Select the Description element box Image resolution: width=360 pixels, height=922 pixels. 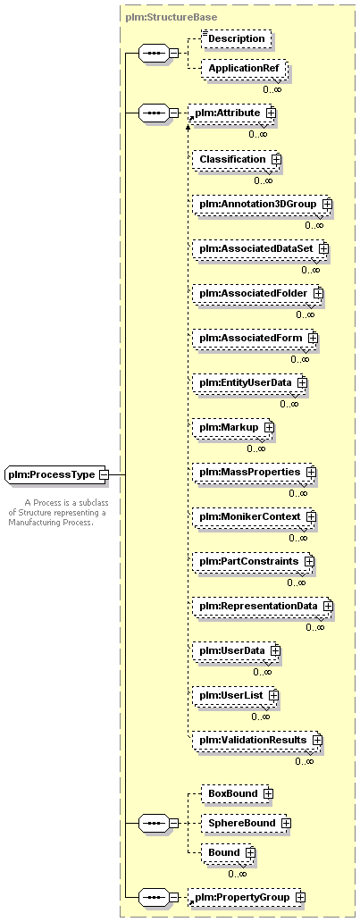point(237,38)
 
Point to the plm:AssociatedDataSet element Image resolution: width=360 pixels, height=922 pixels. point(260,248)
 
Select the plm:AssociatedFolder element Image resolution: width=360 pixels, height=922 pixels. point(257,293)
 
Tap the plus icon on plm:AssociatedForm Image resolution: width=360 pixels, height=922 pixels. point(313,338)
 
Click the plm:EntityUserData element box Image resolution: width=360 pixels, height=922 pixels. point(249,382)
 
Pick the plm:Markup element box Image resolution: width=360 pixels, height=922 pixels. point(233,427)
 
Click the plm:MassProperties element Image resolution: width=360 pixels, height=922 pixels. point(254,472)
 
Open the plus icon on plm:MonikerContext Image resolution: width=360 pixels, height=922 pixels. point(312,516)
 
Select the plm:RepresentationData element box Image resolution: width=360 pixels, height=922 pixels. point(263,606)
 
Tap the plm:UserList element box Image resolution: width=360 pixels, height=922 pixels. point(235,695)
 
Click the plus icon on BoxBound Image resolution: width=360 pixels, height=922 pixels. point(268,793)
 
